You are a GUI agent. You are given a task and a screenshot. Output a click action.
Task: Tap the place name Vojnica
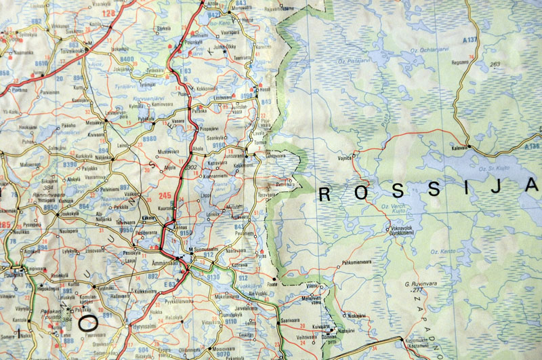click(347, 158)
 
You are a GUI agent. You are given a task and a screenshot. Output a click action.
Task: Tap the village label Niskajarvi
click(359, 315)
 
